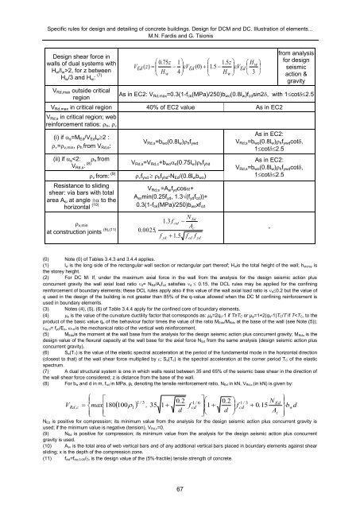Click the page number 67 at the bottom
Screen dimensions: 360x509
tap(179, 488)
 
